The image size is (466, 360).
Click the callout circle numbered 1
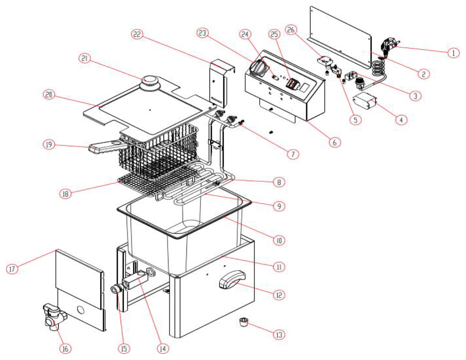pyautogui.click(x=453, y=53)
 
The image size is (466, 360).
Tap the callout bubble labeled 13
pyautogui.click(x=279, y=335)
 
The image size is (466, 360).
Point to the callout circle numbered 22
pyautogui.click(x=137, y=34)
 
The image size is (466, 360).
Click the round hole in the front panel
pyautogui.click(x=81, y=310)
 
